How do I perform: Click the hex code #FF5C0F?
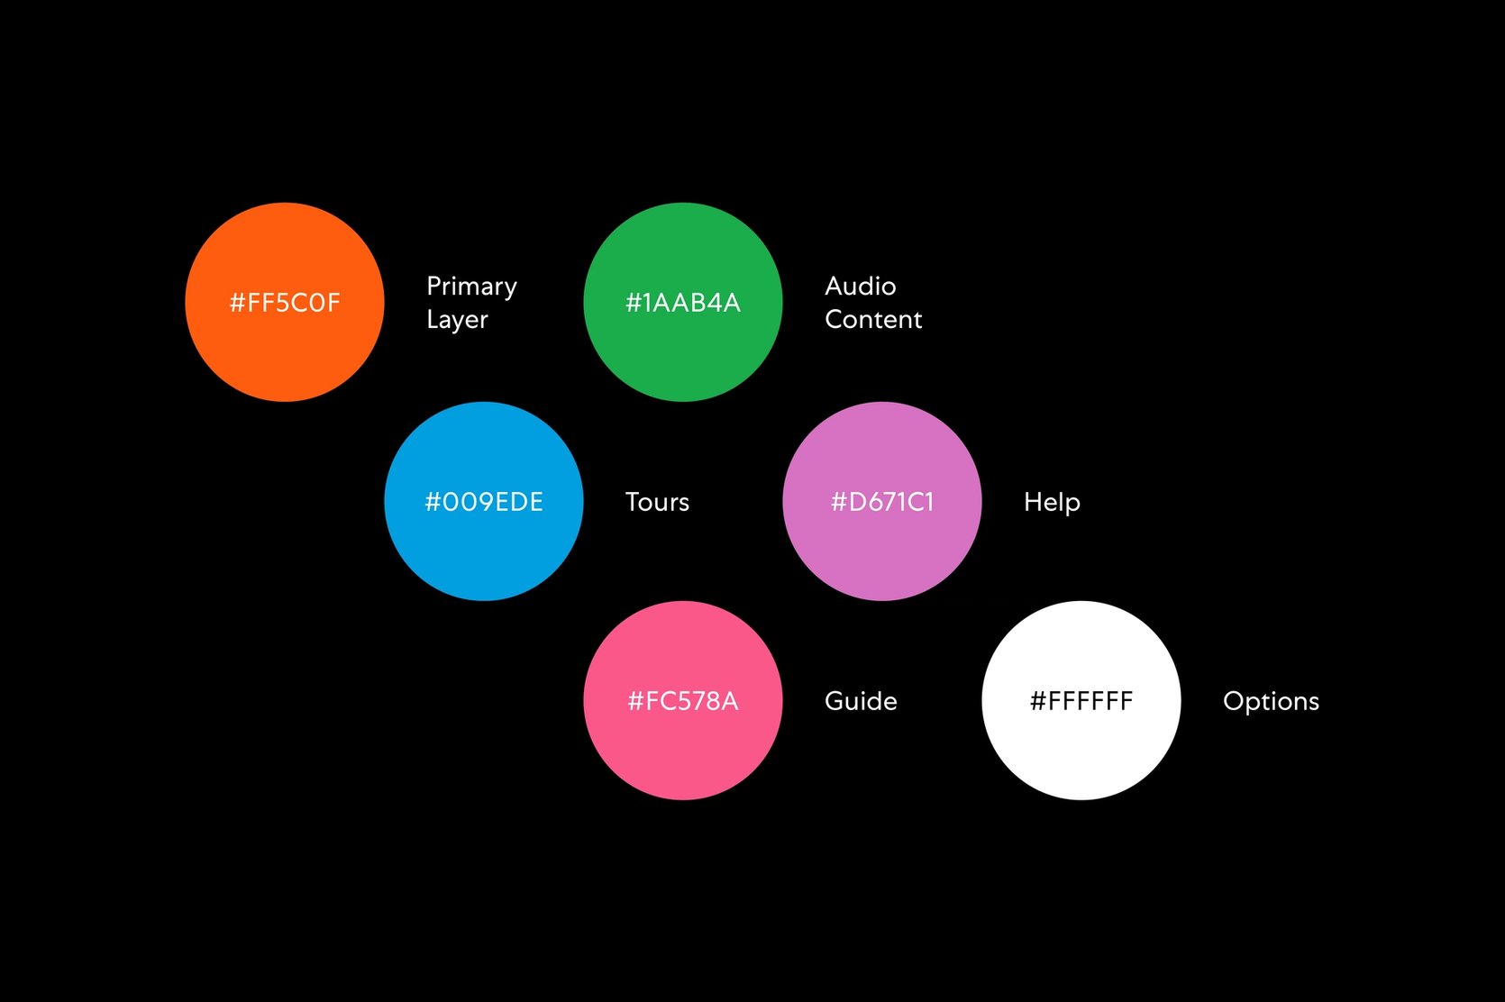click(x=285, y=303)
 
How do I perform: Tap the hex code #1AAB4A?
click(x=683, y=303)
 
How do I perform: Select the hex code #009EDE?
click(x=484, y=502)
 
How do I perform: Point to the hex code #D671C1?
click(x=882, y=502)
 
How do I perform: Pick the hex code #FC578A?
click(x=683, y=701)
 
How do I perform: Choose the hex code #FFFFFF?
click(x=1081, y=701)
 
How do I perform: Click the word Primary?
click(x=471, y=287)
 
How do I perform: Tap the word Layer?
click(x=457, y=320)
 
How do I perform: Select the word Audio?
click(x=861, y=287)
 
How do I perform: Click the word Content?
click(x=873, y=320)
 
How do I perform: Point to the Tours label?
click(x=657, y=502)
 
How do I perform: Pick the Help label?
click(x=1052, y=502)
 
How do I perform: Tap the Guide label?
click(x=861, y=701)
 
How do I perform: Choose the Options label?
click(x=1271, y=701)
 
